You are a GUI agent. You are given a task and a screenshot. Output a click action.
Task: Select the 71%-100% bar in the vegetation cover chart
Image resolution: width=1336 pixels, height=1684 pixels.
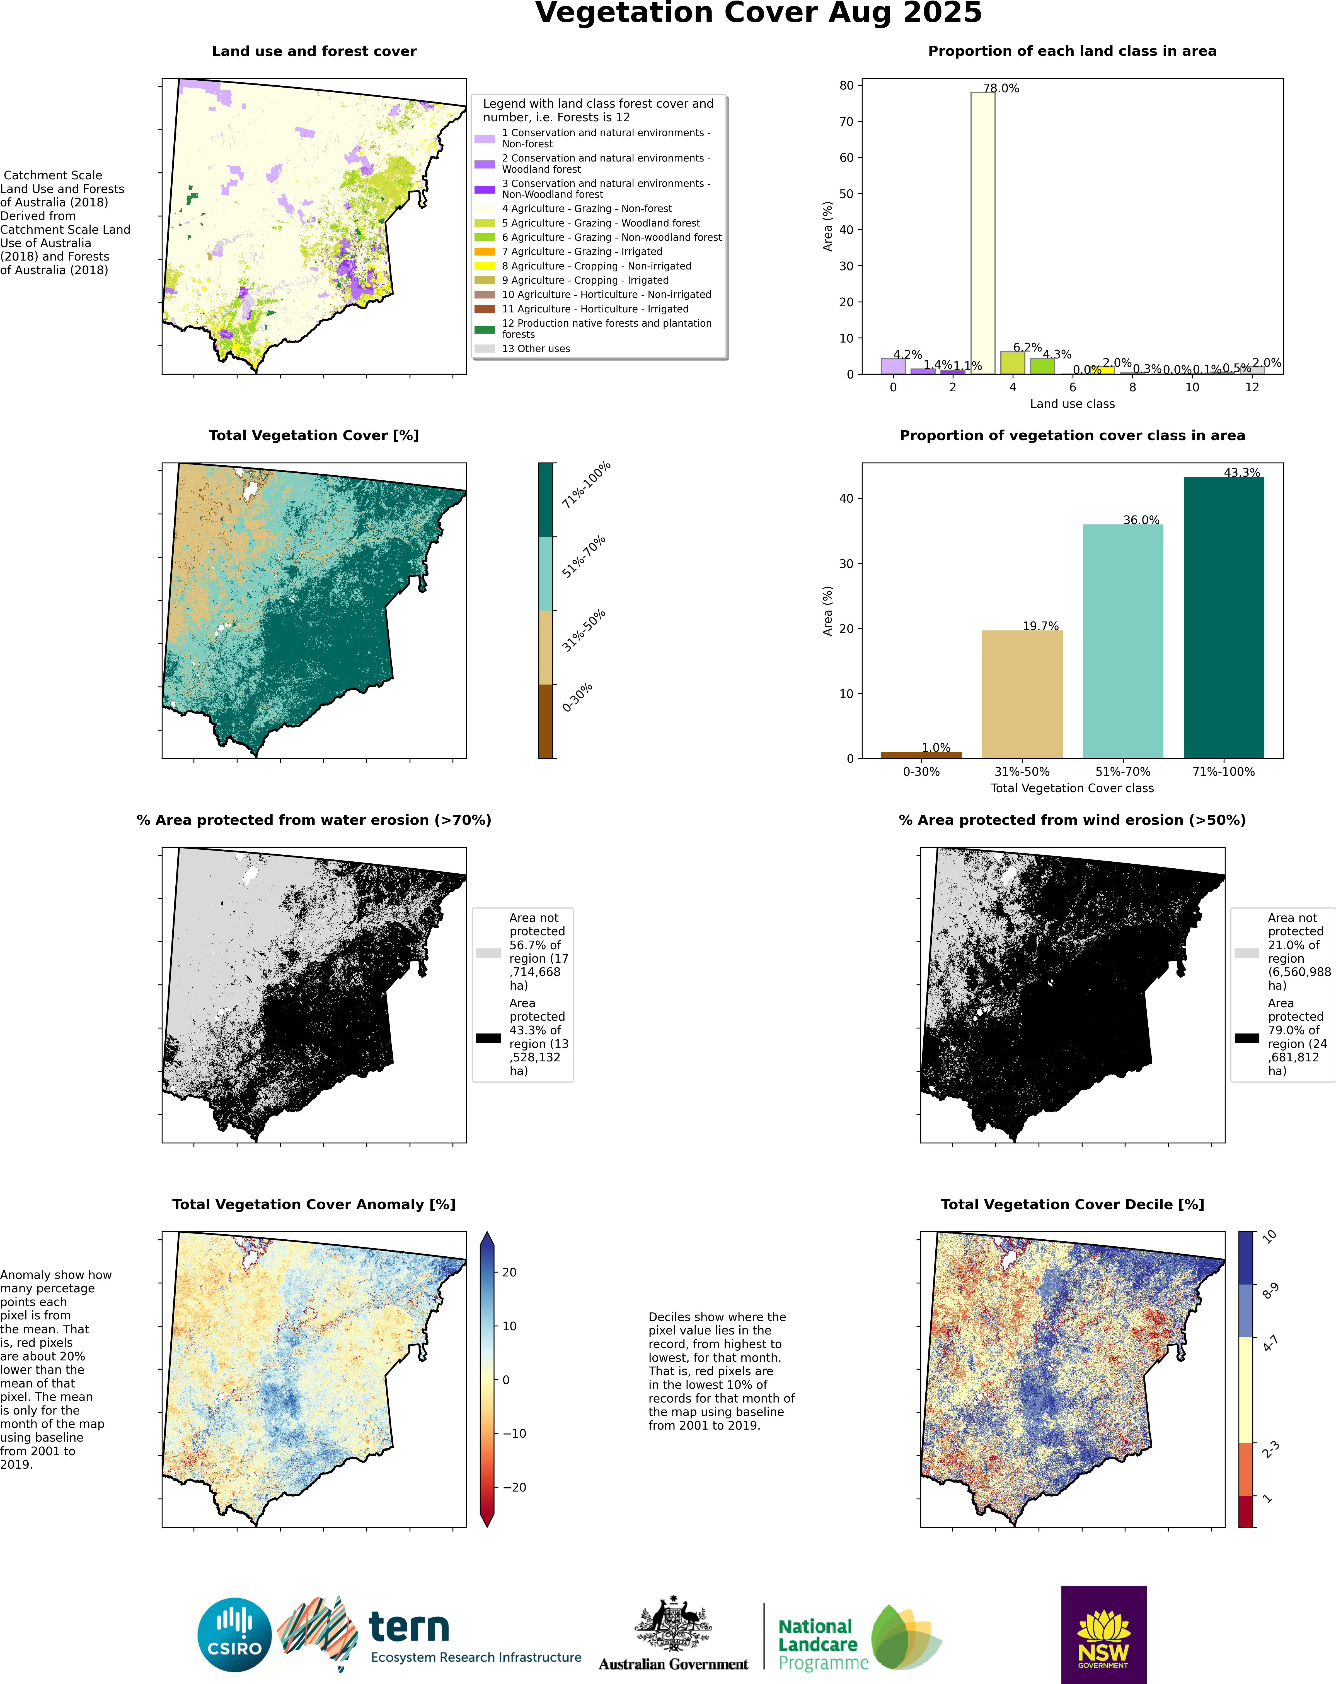point(1224,617)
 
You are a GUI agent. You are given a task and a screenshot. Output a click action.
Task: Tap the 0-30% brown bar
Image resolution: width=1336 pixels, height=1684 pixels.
point(921,755)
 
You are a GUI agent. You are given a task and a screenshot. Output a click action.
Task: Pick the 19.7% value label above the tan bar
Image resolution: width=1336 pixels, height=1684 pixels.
point(1041,626)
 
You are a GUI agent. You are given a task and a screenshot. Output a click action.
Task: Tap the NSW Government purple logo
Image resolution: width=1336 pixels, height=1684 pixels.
point(1103,1634)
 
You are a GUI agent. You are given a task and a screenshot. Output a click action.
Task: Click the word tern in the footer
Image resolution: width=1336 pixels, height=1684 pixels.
point(408,1627)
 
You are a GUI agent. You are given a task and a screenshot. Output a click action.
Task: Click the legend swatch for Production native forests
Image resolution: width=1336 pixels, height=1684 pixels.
point(485,329)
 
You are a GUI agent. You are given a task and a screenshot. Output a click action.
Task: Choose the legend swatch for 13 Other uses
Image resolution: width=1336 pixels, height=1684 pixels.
point(485,348)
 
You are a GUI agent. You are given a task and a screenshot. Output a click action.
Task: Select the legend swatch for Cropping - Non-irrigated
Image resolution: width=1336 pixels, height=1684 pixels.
point(485,266)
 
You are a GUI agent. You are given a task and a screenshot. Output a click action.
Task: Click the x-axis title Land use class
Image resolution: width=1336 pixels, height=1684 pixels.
point(1072,404)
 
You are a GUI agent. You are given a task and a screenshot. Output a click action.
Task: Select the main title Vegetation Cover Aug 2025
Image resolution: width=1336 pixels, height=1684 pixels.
point(758,13)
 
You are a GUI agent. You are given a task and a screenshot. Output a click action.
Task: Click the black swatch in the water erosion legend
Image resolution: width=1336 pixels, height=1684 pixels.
point(488,1038)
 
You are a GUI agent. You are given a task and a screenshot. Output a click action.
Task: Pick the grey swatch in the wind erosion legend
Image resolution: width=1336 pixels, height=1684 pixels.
point(1247,953)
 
